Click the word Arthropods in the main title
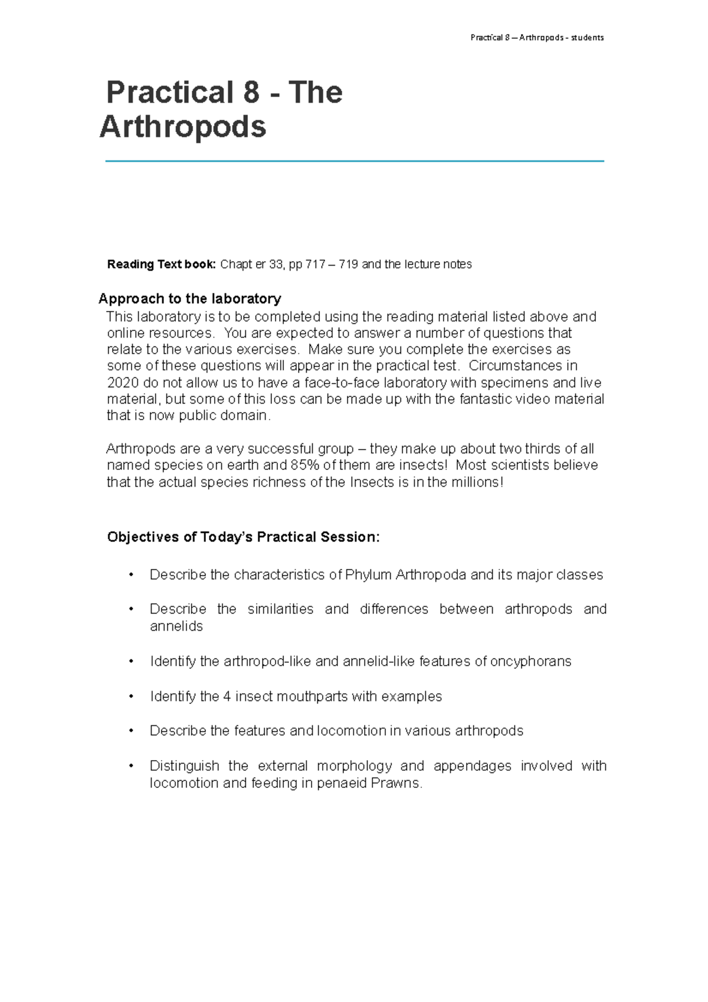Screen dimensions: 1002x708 tap(183, 127)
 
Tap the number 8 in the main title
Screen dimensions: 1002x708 tap(251, 93)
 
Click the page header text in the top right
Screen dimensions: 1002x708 tap(536, 38)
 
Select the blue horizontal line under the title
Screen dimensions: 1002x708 tap(354, 161)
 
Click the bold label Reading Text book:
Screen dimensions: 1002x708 tap(161, 264)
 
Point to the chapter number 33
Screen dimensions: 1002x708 tap(276, 264)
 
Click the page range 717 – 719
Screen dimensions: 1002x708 tap(332, 264)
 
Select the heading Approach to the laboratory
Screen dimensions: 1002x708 tap(189, 299)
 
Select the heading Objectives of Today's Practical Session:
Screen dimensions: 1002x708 tap(243, 537)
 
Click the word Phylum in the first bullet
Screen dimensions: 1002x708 tap(368, 575)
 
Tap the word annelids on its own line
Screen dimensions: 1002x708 tap(176, 626)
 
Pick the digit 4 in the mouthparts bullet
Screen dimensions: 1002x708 tap(227, 696)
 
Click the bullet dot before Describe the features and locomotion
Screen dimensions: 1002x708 tap(132, 731)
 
